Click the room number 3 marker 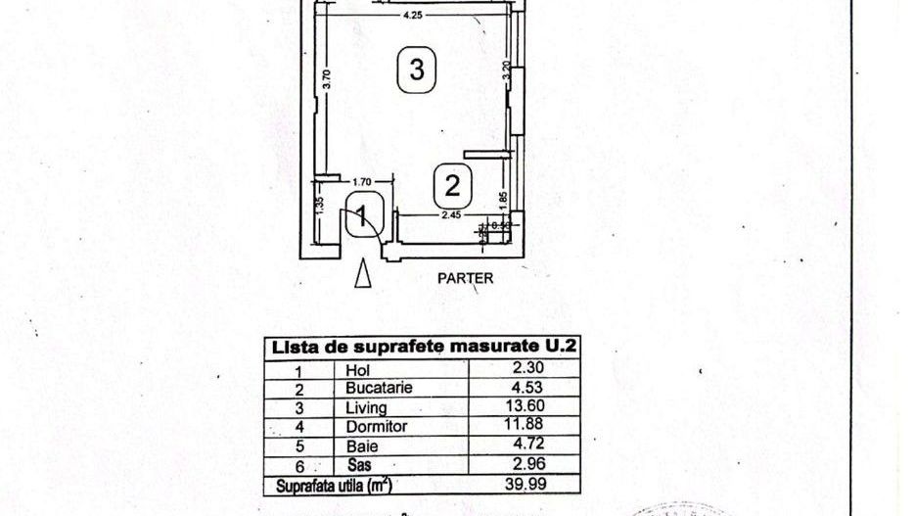[416, 70]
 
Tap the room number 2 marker [452, 184]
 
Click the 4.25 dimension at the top [413, 15]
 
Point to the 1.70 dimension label [361, 181]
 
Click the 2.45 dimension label [451, 214]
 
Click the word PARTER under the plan [465, 277]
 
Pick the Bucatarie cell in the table [379, 388]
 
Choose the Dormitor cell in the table [376, 427]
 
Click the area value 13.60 [533, 406]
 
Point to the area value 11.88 [533, 426]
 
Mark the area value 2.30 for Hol [534, 368]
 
